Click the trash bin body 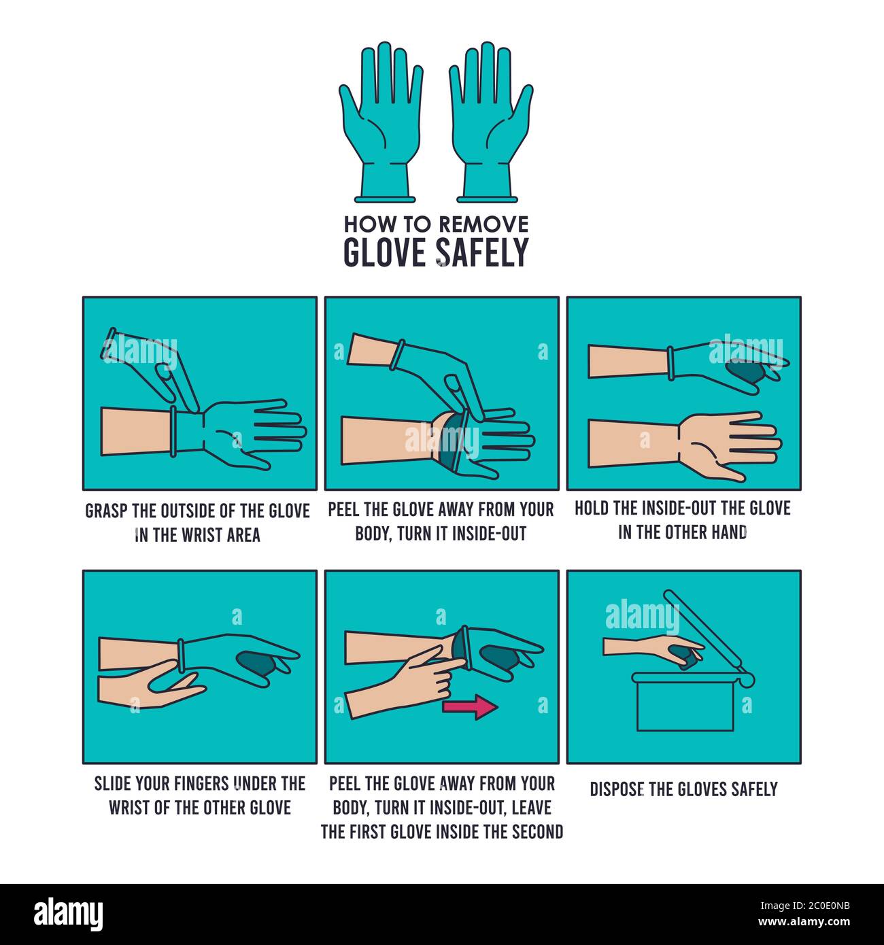[x=685, y=703]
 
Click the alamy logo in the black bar [x=69, y=913]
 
